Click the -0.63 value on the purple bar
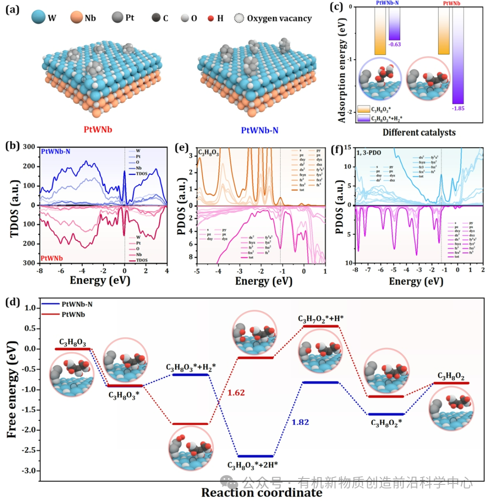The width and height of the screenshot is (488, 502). coord(394,44)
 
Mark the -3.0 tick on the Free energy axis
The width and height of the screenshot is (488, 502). coord(30,471)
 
